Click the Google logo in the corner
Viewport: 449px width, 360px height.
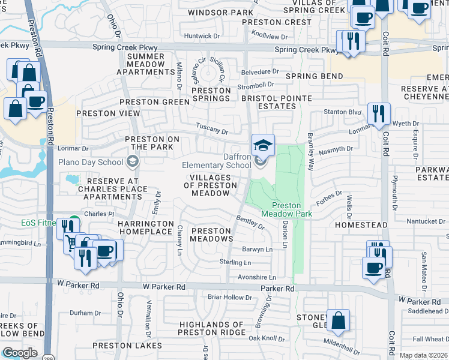[x=20, y=353]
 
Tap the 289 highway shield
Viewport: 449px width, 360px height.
[x=47, y=356]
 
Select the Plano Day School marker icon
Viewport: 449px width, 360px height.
[x=132, y=161]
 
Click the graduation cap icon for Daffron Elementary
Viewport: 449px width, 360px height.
[x=262, y=145]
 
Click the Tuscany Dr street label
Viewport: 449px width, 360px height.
[x=212, y=131]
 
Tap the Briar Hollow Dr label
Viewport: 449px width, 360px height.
[x=229, y=297]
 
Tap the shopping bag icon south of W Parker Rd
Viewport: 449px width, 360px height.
[x=339, y=322]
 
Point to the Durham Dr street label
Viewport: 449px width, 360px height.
[x=85, y=313]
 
